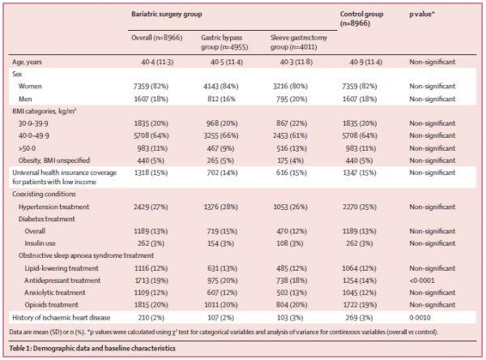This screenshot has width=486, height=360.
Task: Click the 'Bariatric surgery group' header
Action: [x=166, y=15]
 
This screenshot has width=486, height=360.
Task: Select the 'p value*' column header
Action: [x=421, y=15]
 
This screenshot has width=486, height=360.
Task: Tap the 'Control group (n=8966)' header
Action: [x=361, y=19]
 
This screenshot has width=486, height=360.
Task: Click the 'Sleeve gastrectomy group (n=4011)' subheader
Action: [x=298, y=42]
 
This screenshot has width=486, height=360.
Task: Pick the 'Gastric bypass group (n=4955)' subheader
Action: [x=224, y=42]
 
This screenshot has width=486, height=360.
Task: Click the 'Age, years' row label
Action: [x=27, y=62]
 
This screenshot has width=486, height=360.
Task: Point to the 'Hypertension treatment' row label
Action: [x=53, y=207]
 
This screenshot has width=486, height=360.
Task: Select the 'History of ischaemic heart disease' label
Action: [x=61, y=318]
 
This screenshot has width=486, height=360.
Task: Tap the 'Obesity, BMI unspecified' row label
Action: [x=54, y=161]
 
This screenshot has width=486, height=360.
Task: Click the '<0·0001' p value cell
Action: [x=421, y=281]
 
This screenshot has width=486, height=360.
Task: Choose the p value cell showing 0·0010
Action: [x=420, y=318]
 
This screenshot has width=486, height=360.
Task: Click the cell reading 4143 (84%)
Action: [x=220, y=86]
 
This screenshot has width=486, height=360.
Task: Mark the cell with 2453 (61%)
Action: [x=290, y=135]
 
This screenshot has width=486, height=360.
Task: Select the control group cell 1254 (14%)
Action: [x=359, y=281]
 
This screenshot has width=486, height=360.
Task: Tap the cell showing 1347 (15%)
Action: [x=359, y=173]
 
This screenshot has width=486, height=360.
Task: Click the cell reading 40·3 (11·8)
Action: [x=296, y=62]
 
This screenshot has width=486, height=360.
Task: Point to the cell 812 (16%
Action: [x=221, y=99]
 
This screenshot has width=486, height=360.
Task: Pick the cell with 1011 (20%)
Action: [x=220, y=305]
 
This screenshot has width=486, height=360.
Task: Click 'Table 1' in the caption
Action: [x=19, y=348]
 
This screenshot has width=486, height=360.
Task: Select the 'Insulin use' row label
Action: [x=40, y=243]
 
